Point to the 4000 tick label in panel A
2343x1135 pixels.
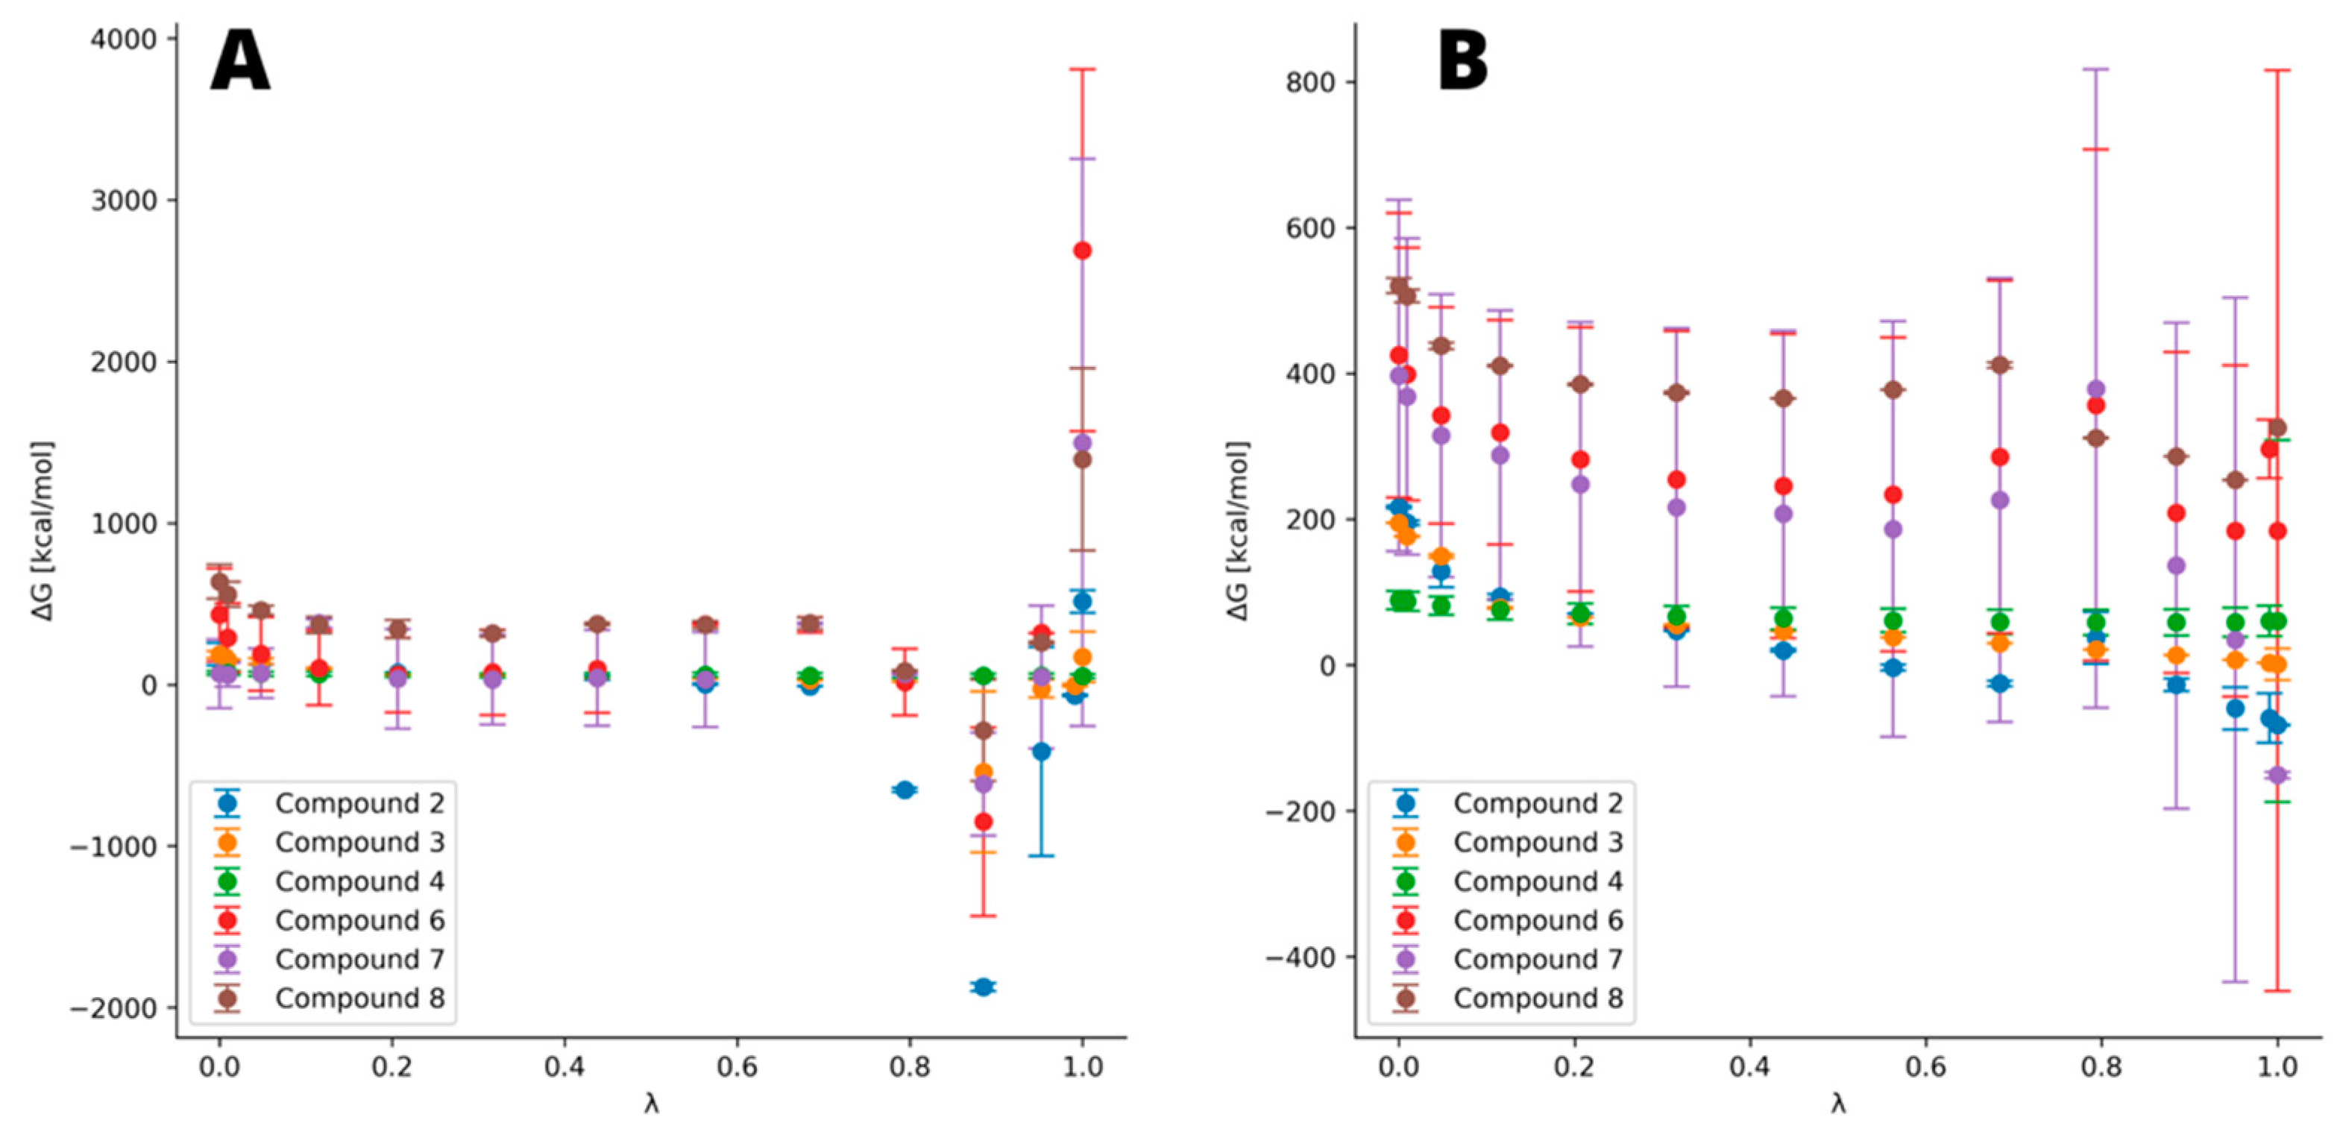point(123,39)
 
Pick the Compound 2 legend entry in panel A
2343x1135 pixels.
point(359,803)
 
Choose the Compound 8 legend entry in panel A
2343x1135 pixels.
point(359,998)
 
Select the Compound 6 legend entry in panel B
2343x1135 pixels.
point(1537,919)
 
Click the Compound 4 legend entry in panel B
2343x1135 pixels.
point(1537,881)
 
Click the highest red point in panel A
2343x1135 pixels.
point(1082,250)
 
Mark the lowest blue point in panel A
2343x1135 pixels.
point(982,987)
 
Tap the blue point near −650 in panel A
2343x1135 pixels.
point(904,790)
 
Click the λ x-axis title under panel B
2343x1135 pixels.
point(1838,1103)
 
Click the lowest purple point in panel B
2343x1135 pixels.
point(2277,775)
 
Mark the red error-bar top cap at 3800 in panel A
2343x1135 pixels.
point(1082,69)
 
